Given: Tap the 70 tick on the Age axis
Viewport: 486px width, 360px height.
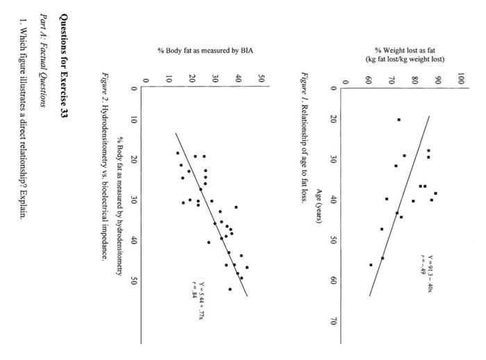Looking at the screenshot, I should (x=334, y=321).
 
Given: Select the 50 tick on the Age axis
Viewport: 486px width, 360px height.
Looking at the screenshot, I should (x=334, y=241).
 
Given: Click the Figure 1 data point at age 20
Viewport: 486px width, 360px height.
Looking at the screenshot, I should (x=399, y=119).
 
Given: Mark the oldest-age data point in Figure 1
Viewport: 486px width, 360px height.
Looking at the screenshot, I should (x=371, y=264).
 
